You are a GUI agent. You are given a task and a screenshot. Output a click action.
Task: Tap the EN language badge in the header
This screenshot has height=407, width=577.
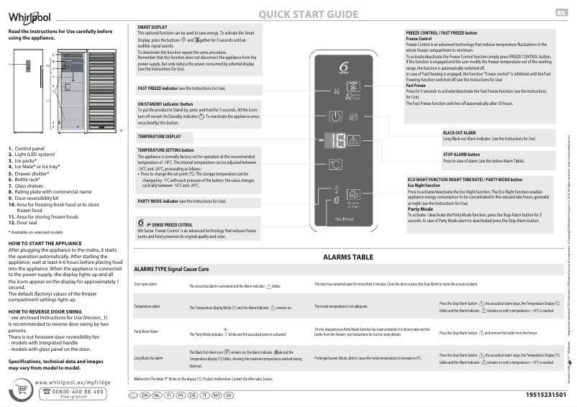(560, 12)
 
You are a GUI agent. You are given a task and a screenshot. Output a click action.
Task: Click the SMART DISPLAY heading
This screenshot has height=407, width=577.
(152, 27)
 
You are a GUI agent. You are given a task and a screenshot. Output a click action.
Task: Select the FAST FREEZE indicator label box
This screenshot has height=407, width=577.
(181, 87)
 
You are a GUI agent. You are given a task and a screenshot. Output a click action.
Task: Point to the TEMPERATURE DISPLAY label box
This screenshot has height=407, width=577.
(160, 136)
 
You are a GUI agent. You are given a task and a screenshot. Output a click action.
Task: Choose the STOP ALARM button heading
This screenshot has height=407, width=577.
(462, 154)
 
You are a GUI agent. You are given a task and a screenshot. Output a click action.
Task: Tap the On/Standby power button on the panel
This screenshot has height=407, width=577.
(335, 116)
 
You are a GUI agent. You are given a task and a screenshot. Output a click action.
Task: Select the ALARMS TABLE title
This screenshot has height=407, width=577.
(348, 257)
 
